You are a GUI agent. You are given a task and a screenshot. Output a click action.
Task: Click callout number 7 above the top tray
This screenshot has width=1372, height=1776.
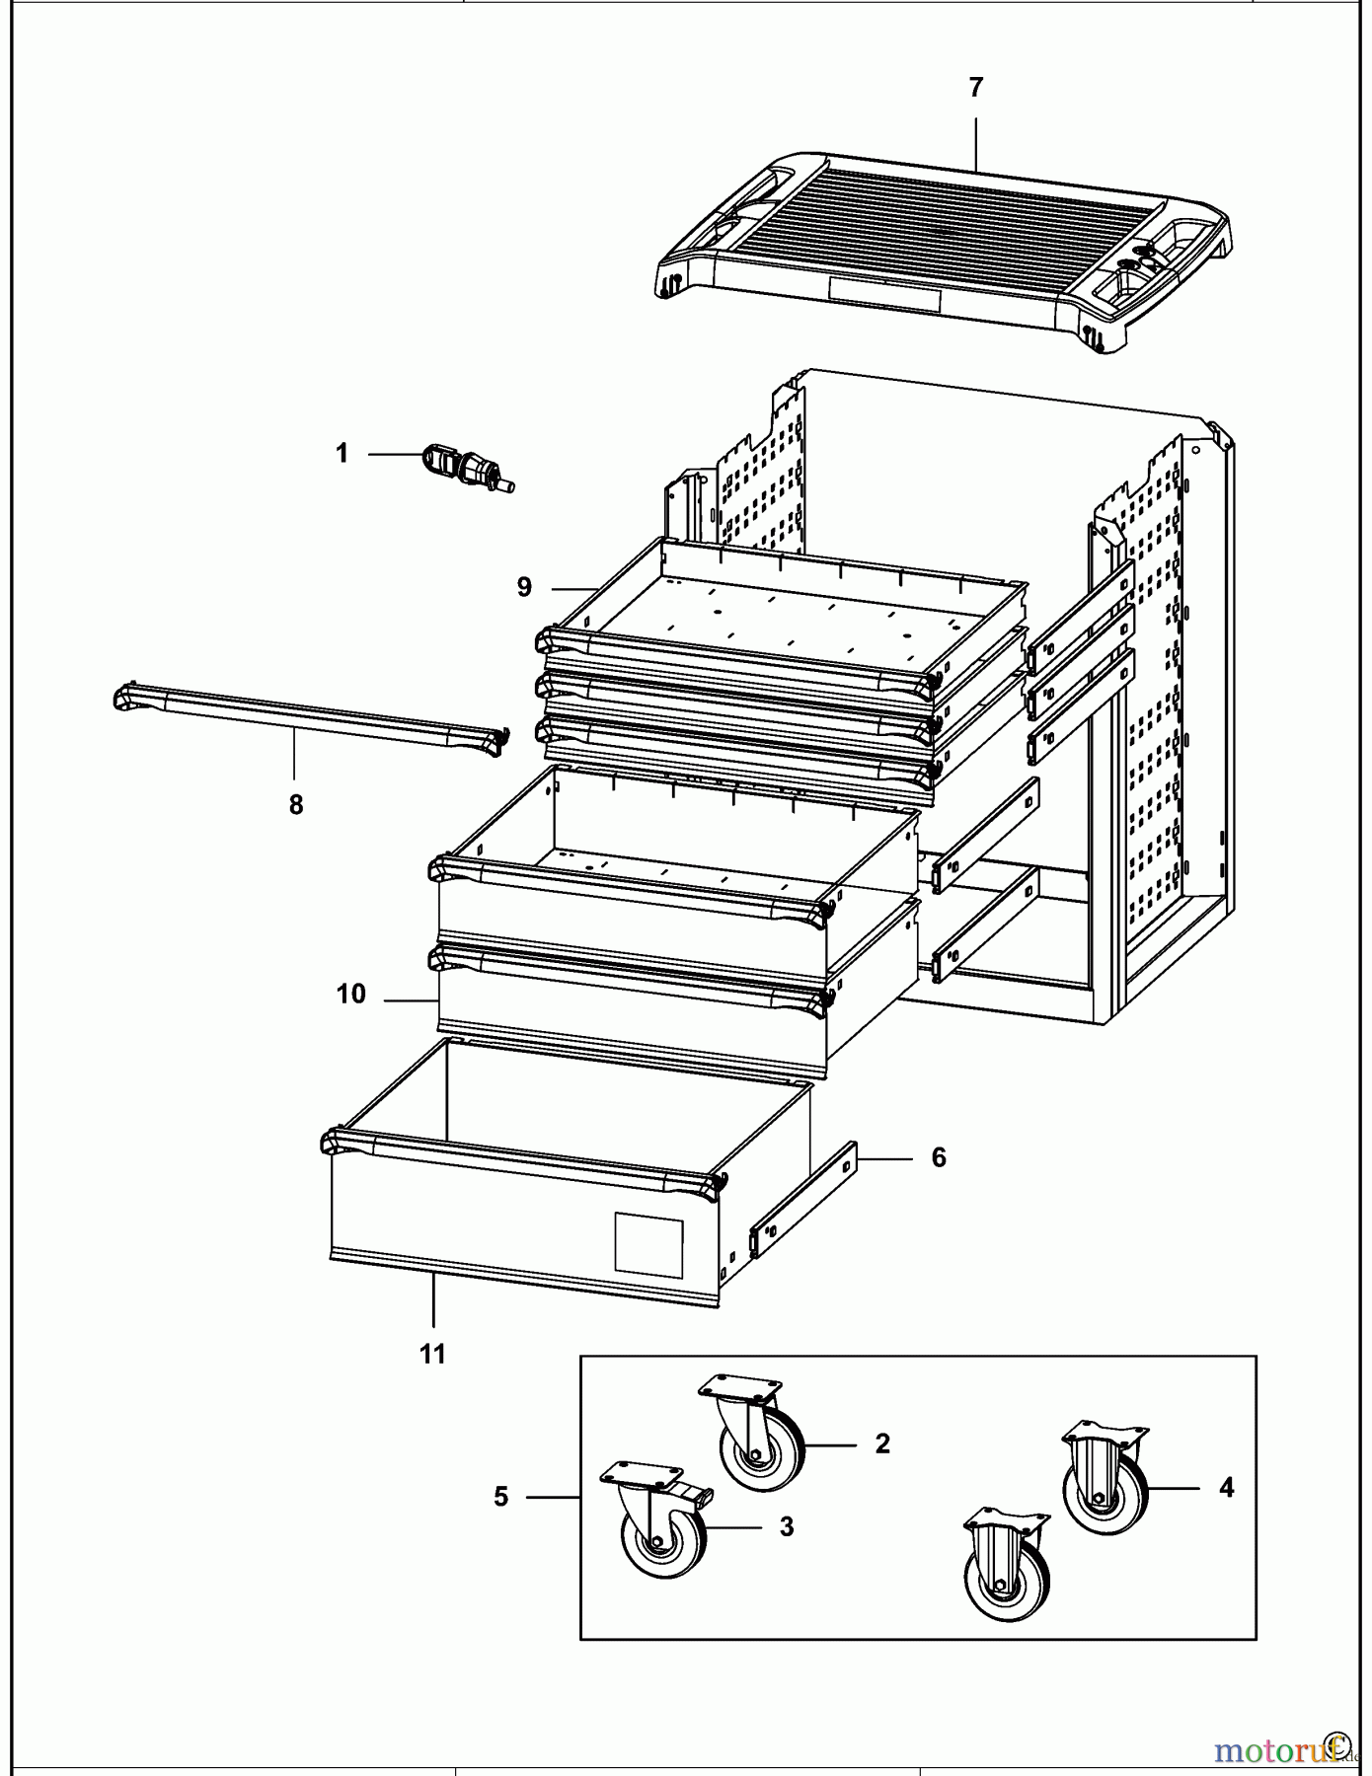(x=975, y=88)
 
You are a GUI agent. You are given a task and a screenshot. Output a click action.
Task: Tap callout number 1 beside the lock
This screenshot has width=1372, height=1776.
(x=342, y=454)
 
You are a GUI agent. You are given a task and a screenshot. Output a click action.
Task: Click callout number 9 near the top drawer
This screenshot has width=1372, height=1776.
(x=524, y=588)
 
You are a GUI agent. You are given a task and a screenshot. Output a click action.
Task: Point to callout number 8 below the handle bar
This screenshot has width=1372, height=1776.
(x=296, y=805)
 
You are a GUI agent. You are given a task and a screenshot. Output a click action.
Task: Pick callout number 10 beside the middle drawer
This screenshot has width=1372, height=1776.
(x=351, y=995)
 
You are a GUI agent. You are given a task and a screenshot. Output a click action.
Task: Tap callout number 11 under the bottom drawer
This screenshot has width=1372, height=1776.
(x=432, y=1355)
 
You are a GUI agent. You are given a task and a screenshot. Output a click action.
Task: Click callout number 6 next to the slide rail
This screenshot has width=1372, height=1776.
(x=938, y=1157)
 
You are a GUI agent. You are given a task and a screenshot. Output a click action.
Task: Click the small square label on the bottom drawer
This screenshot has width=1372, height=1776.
(x=648, y=1243)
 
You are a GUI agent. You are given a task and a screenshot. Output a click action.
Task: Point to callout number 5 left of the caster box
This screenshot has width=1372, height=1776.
(x=501, y=1497)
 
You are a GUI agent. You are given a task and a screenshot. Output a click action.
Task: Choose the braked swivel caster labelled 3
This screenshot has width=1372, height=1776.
(x=658, y=1524)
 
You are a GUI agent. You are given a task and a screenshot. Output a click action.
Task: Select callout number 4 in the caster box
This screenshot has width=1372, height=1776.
(x=1226, y=1488)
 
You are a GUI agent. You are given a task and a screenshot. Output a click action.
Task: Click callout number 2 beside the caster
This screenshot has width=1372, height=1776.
(x=882, y=1443)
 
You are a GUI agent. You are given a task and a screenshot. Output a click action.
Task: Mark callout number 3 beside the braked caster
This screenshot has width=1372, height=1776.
(x=786, y=1527)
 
